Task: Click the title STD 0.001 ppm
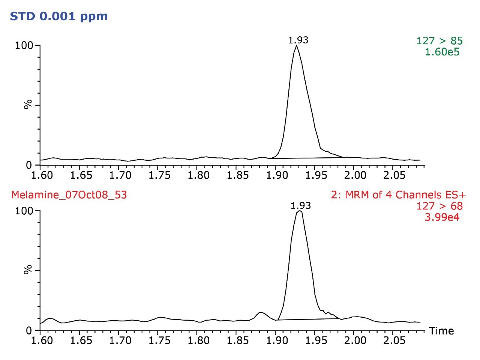tap(58, 16)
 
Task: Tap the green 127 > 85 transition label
tap(439, 41)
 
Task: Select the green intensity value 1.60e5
tap(442, 52)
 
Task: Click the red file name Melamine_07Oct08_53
tap(69, 195)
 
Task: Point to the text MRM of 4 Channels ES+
tap(398, 195)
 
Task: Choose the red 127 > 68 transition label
tap(439, 206)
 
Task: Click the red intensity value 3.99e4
tap(442, 217)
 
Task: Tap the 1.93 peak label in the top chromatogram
tap(298, 40)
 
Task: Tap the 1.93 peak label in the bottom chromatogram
tap(301, 206)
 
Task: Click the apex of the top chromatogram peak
tap(297, 46)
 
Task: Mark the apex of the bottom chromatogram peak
tap(299, 211)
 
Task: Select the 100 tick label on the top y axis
tap(24, 46)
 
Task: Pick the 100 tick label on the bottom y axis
tap(24, 211)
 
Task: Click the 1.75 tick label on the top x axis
tap(160, 175)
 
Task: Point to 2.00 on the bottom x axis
tap(355, 341)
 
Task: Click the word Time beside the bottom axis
tap(441, 331)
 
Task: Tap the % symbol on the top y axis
tap(28, 105)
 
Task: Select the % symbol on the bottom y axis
tap(28, 270)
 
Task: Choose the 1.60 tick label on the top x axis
tap(42, 175)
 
